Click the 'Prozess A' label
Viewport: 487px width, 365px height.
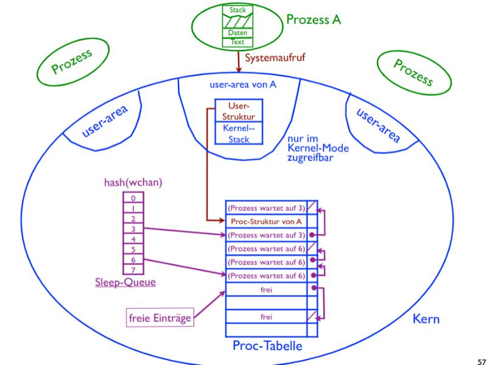[314, 20]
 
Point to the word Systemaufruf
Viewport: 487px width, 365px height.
[276, 59]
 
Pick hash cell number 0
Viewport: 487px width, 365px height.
[133, 197]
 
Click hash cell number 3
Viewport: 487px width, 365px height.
[133, 228]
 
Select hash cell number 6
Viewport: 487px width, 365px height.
[133, 259]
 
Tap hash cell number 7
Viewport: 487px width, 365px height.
[133, 269]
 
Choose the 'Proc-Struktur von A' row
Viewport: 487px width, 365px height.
[266, 221]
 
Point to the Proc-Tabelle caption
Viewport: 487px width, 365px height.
[266, 346]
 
